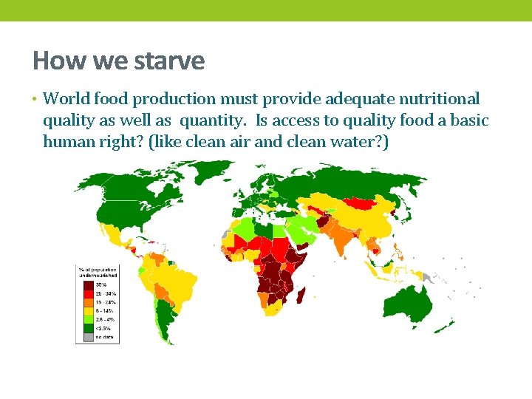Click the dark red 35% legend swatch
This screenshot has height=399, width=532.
87,284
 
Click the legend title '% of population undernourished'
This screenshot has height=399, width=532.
98,273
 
